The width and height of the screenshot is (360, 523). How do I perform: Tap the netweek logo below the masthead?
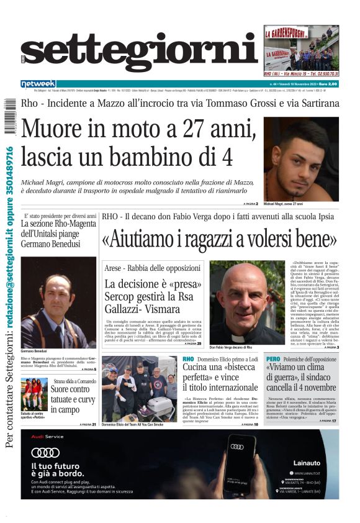pyautogui.click(x=38, y=84)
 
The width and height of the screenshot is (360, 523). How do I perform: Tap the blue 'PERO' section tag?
pyautogui.click(x=273, y=359)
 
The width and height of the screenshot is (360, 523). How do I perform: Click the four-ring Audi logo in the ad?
pyautogui.click(x=45, y=452)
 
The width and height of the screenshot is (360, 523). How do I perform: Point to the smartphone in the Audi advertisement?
pyautogui.click(x=240, y=469)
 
